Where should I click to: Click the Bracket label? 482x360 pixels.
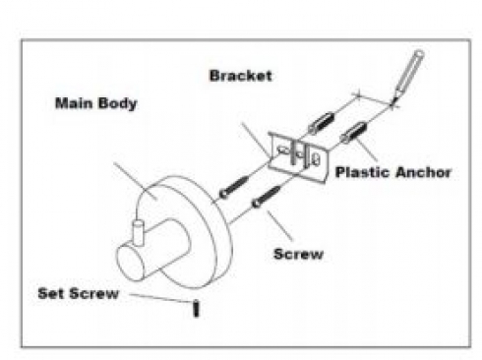240,76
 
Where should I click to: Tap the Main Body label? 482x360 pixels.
95,103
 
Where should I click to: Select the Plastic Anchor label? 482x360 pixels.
393,172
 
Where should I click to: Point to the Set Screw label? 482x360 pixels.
78,293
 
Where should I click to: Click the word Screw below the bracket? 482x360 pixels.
298,254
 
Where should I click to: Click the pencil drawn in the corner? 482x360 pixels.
408,77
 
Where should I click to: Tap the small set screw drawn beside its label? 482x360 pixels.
196,309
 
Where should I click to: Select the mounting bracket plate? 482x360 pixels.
298,156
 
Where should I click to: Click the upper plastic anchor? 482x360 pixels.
321,123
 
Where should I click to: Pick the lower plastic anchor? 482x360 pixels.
353,132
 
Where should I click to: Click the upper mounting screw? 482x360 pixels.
234,188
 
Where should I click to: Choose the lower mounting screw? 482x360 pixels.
267,197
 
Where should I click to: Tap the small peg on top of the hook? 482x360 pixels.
138,232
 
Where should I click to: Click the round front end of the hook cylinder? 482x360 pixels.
131,264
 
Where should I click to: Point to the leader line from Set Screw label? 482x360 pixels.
160,298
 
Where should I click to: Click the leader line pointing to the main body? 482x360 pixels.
135,181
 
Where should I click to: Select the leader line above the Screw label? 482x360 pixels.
279,226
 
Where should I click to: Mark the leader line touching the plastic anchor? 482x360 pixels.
366,150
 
